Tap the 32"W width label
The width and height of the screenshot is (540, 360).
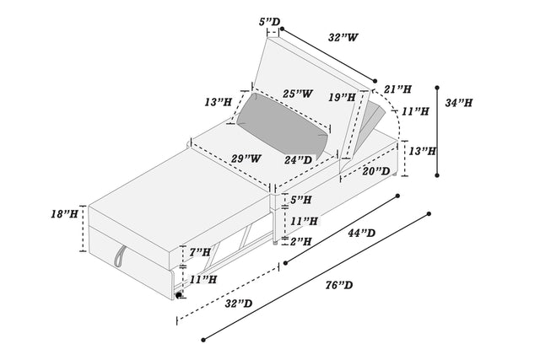click(x=345, y=37)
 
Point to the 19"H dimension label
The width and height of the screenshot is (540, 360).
click(x=343, y=98)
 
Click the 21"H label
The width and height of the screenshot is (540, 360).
click(x=396, y=89)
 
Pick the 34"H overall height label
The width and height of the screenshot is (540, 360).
click(x=459, y=103)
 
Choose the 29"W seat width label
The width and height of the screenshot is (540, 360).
click(x=246, y=158)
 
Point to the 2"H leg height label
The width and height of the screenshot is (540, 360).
click(x=300, y=241)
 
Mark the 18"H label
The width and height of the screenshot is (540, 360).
click(x=64, y=214)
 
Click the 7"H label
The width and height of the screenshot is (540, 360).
click(x=200, y=252)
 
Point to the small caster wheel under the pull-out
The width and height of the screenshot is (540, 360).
click(x=179, y=294)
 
